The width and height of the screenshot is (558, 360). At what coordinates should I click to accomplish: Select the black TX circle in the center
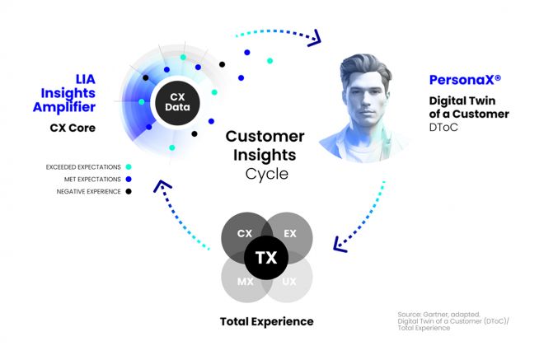click(x=266, y=258)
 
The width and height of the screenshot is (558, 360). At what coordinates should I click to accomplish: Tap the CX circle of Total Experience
click(x=245, y=235)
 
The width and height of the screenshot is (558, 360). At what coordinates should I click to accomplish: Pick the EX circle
click(x=289, y=235)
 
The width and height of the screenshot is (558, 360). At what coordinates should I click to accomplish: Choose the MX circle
click(x=244, y=281)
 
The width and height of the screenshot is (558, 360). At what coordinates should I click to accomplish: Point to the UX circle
click(x=290, y=281)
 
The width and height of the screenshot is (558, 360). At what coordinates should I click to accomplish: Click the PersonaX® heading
click(x=465, y=80)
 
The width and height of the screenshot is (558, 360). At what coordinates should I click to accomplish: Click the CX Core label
click(x=73, y=128)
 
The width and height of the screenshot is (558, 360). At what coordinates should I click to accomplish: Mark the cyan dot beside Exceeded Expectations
click(x=128, y=167)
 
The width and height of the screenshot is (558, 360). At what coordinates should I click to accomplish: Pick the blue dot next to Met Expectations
click(x=128, y=179)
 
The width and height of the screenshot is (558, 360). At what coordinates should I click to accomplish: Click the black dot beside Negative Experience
click(x=128, y=191)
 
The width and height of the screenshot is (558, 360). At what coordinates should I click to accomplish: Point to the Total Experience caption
click(x=266, y=320)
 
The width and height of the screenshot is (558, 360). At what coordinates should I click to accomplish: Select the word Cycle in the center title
click(x=265, y=174)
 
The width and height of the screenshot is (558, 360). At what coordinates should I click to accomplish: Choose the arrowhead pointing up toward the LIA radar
click(x=162, y=187)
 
